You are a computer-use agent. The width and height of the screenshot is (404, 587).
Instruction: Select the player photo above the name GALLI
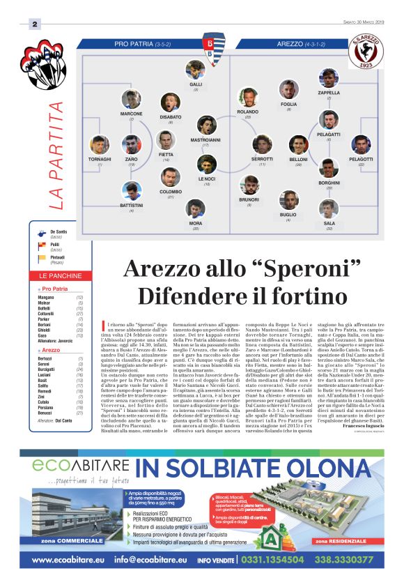click(x=196, y=70)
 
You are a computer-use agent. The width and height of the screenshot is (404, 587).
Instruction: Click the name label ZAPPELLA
click(x=329, y=92)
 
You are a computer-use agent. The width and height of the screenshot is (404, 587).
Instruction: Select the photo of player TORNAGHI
click(x=100, y=145)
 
